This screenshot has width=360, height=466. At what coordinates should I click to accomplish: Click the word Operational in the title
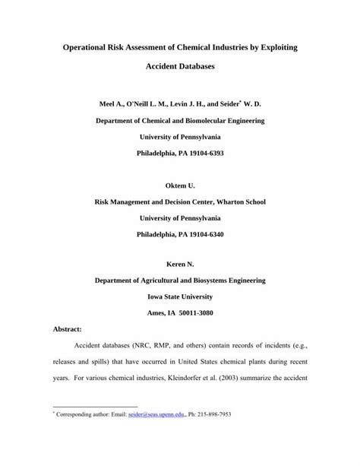[x=90, y=47]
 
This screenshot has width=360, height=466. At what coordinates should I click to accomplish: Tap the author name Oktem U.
[x=180, y=185]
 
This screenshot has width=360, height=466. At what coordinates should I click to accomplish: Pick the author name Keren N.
[x=180, y=264]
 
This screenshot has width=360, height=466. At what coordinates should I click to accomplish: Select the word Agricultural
[x=160, y=281]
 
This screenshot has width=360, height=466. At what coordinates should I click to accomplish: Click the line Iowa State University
[x=180, y=296]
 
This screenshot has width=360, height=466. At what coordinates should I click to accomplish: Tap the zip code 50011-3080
[x=194, y=313]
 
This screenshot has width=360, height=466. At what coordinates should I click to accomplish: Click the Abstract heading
[x=68, y=330]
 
